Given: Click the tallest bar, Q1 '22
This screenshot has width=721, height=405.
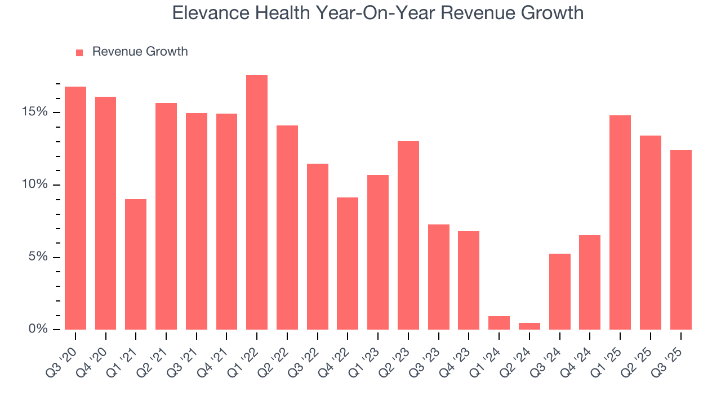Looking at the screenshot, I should (x=257, y=202).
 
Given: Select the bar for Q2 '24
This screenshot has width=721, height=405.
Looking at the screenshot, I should (x=529, y=326).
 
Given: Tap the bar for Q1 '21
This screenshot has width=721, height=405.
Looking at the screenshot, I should (x=136, y=264).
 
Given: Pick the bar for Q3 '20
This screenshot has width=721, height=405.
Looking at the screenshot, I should (x=75, y=208).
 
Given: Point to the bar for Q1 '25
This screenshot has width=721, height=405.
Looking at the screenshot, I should (x=620, y=222).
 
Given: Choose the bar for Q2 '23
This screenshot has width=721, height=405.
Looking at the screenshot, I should (x=408, y=235).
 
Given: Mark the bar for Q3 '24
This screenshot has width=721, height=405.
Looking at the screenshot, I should (x=559, y=291).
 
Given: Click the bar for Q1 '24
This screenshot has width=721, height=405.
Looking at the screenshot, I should (x=499, y=323).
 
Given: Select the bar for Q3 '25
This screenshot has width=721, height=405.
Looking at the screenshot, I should (x=680, y=240).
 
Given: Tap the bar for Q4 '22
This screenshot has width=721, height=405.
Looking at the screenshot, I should (x=348, y=263).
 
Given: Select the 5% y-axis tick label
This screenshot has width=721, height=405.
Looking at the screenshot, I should (x=39, y=257).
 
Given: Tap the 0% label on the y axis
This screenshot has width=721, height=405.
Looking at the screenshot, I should (x=39, y=329).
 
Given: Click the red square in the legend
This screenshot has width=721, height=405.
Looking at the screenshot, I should (x=79, y=52).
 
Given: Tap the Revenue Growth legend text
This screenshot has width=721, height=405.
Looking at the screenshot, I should (x=140, y=52).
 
